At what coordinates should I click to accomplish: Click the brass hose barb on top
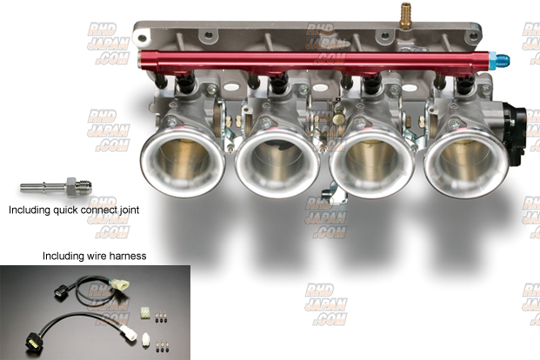(406, 16)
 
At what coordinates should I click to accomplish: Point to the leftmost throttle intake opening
(183, 161)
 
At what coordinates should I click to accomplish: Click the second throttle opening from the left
(277, 162)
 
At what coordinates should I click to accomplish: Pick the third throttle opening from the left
(372, 163)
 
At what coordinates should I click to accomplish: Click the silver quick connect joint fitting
(56, 188)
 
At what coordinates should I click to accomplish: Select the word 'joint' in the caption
(130, 210)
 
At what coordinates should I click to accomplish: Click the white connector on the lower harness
(130, 334)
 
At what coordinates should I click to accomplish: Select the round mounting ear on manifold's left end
(141, 37)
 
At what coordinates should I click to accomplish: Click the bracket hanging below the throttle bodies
(328, 194)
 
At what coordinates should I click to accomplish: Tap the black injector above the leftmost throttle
(186, 83)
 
